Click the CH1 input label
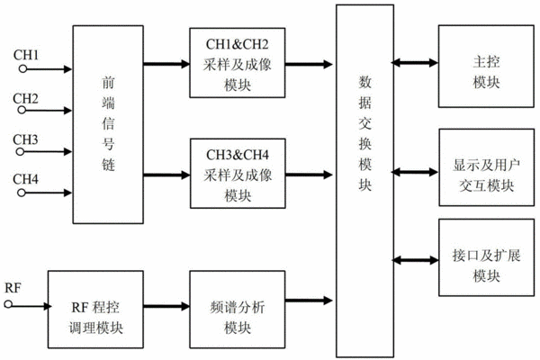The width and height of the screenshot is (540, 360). click(x=26, y=55)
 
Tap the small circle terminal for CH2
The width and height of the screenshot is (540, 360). click(x=22, y=110)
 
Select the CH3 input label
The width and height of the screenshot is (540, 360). click(x=25, y=139)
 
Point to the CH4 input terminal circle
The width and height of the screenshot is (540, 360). click(x=22, y=193)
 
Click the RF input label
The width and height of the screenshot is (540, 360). click(x=13, y=288)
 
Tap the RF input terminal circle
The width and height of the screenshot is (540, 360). click(x=8, y=304)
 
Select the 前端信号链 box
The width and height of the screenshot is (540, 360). click(x=108, y=124)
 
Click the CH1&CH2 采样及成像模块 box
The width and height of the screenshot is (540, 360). click(x=238, y=63)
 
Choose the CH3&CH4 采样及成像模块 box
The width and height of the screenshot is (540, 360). click(x=238, y=174)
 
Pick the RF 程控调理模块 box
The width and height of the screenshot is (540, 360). click(x=95, y=310)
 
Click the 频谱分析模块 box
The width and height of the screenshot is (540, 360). click(x=238, y=310)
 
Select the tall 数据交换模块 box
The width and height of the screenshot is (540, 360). click(x=365, y=181)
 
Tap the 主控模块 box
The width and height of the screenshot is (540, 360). click(x=486, y=66)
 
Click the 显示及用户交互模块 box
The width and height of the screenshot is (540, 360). click(x=487, y=167)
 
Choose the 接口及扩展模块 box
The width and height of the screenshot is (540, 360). click(x=487, y=257)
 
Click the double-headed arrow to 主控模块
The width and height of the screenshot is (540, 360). click(x=415, y=63)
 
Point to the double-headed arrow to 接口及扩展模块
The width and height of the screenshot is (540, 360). click(x=416, y=260)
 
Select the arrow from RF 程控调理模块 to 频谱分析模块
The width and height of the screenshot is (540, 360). click(x=166, y=306)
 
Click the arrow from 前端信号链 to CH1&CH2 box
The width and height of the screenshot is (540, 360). click(x=166, y=64)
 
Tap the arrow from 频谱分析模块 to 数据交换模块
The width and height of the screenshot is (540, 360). click(x=309, y=301)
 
